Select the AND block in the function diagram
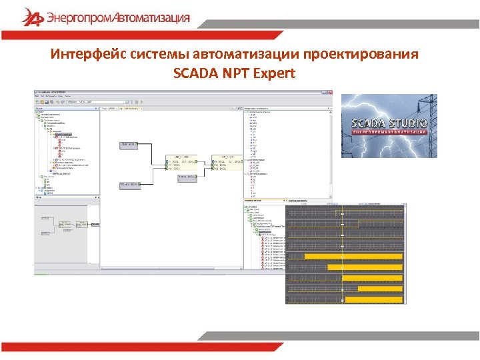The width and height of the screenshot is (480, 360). pos(181,163)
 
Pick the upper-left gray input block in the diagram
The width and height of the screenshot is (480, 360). pos(128,145)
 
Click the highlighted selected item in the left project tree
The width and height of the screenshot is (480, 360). pos(63,135)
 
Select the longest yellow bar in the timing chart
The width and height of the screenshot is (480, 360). pos(354,256)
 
